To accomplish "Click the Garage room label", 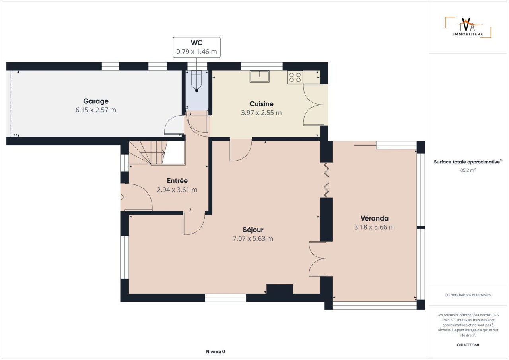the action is pyautogui.click(x=96, y=101).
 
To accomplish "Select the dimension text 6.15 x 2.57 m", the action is pyautogui.click(x=96, y=110).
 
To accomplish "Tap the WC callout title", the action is pyautogui.click(x=196, y=43).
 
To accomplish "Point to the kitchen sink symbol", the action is pyautogui.click(x=260, y=76).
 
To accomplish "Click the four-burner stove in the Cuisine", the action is pyautogui.click(x=295, y=77).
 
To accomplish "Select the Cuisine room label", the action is pyautogui.click(x=261, y=104).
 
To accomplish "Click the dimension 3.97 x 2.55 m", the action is pyautogui.click(x=261, y=113).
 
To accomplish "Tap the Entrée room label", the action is pyautogui.click(x=177, y=181).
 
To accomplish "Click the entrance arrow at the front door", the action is pyautogui.click(x=122, y=197).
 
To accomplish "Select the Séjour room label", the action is pyautogui.click(x=253, y=230).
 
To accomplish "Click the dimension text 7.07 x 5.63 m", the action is pyautogui.click(x=253, y=238).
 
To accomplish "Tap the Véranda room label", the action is pyautogui.click(x=375, y=218).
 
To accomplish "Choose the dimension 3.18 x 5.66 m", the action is pyautogui.click(x=375, y=227).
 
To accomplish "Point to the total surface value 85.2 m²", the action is pyautogui.click(x=468, y=170).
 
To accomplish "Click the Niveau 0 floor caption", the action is pyautogui.click(x=216, y=352).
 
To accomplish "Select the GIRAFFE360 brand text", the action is pyautogui.click(x=468, y=345).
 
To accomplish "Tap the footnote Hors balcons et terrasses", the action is pyautogui.click(x=468, y=295).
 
